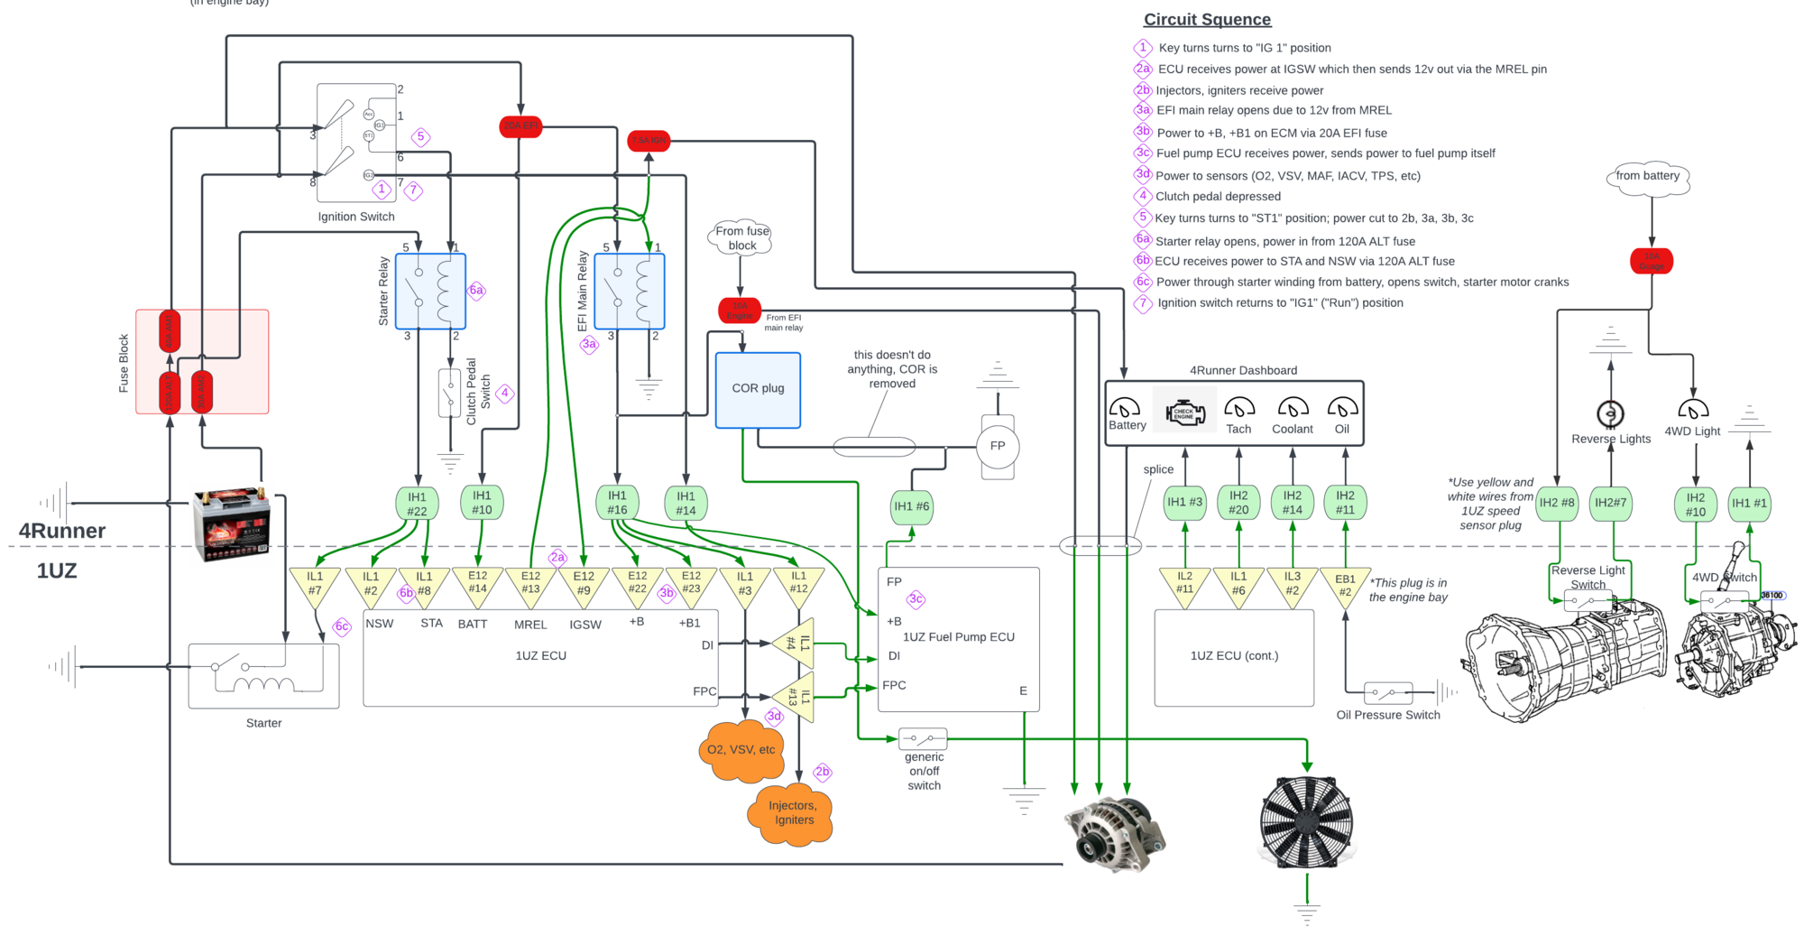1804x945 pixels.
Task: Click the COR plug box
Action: click(x=758, y=390)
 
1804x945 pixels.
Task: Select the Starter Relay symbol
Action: click(x=430, y=292)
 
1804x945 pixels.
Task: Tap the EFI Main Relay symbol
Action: click(x=630, y=292)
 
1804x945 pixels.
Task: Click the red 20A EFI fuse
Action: click(x=520, y=126)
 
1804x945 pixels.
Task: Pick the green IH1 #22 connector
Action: click(x=417, y=504)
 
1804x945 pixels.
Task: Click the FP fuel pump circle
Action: click(x=997, y=446)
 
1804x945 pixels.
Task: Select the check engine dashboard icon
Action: click(x=1184, y=412)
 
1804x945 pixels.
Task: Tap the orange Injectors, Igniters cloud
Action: click(x=791, y=813)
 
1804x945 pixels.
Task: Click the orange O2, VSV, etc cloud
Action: click(x=741, y=750)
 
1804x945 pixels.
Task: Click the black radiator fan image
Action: click(x=1306, y=822)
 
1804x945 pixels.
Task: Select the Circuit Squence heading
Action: click(x=1207, y=20)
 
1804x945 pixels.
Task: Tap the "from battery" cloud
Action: click(x=1648, y=177)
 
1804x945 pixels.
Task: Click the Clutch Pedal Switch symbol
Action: click(x=449, y=394)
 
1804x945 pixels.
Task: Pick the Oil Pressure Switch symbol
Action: click(x=1387, y=693)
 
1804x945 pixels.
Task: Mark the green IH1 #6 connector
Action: click(x=911, y=507)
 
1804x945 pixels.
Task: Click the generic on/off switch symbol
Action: click(x=923, y=739)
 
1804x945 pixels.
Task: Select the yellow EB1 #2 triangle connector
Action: click(x=1345, y=586)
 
